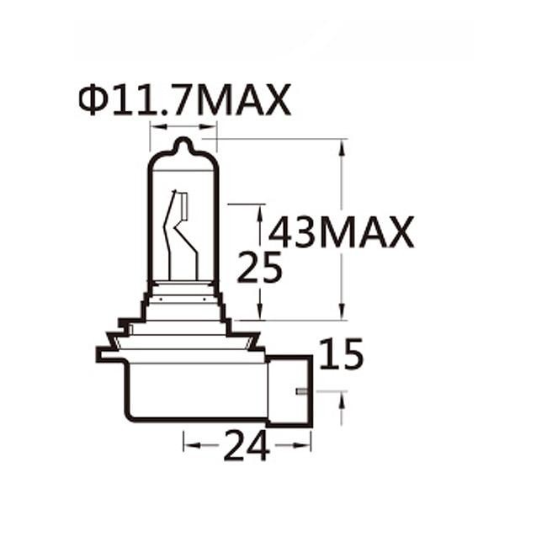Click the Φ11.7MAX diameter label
184,100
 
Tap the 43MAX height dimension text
342,232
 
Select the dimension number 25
259,268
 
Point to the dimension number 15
342,354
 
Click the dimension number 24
247,446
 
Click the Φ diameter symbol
91,100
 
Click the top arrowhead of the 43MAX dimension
342,146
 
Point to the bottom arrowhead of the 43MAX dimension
342,313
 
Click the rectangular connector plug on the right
289,390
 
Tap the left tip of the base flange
99,354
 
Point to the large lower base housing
194,391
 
